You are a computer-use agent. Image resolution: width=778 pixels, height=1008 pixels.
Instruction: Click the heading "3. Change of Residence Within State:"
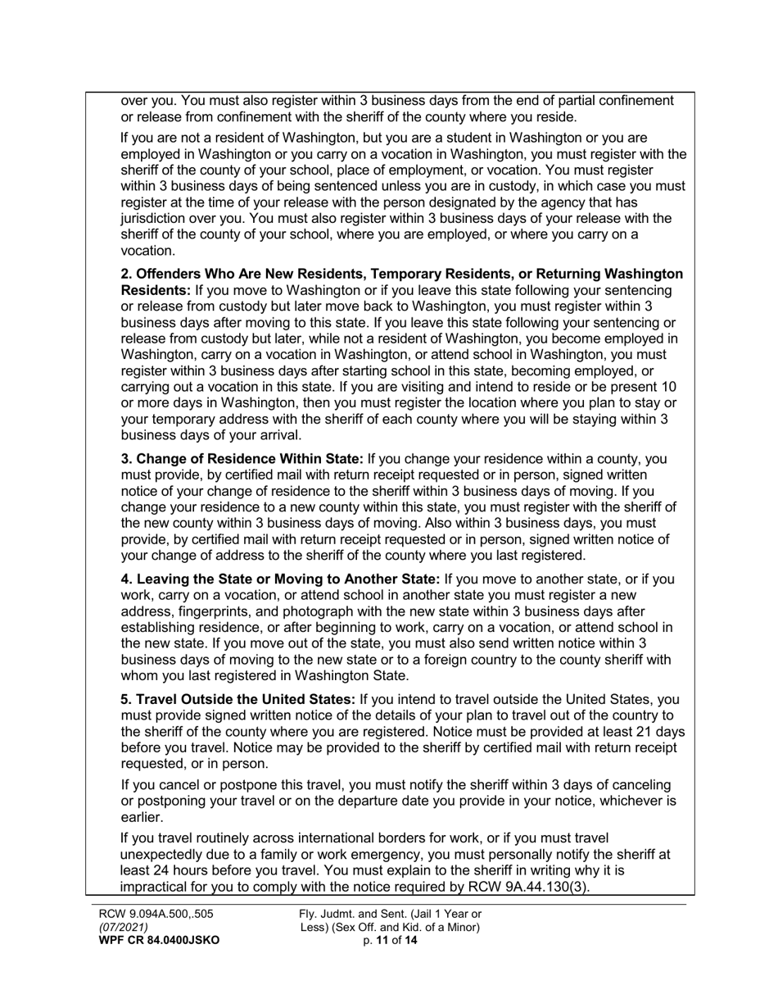point(242,459)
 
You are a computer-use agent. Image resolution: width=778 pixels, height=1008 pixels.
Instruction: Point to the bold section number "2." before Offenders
point(128,273)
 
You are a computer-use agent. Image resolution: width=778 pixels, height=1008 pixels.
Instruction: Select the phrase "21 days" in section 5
point(661,732)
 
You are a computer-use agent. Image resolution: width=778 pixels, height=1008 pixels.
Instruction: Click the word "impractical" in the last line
point(156,888)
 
